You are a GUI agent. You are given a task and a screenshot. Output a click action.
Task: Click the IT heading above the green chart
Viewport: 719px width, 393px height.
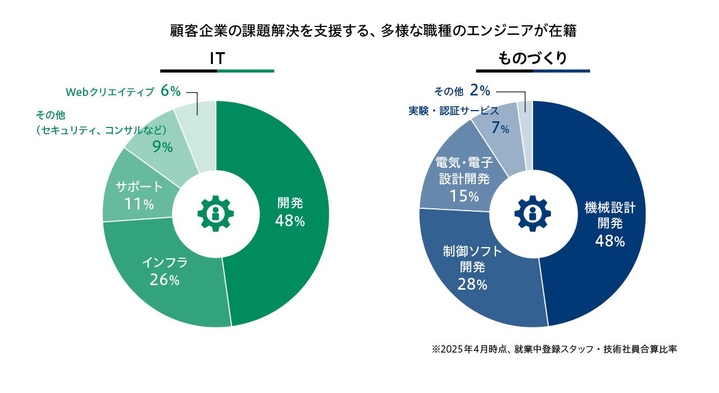[217, 58]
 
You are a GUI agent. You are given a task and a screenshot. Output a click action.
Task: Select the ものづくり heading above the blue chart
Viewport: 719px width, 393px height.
[533, 58]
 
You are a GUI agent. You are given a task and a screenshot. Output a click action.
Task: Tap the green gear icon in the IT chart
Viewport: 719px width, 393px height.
[216, 213]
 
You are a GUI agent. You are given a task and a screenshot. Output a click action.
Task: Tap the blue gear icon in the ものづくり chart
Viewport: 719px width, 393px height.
[533, 213]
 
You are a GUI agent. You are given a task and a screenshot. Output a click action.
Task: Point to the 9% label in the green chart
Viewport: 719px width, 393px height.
[162, 147]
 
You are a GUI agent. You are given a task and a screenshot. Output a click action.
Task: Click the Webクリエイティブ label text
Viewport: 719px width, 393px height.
[110, 92]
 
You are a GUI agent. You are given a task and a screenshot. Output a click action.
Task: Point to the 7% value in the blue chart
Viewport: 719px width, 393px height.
[500, 129]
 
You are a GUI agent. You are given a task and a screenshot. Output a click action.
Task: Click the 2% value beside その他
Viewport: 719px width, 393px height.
[480, 90]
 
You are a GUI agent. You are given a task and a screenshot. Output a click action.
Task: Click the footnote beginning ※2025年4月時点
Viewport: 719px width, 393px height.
[554, 349]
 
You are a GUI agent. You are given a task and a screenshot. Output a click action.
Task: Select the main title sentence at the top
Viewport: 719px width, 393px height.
[373, 31]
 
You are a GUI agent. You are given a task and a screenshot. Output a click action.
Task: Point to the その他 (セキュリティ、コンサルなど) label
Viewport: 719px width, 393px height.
[101, 124]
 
